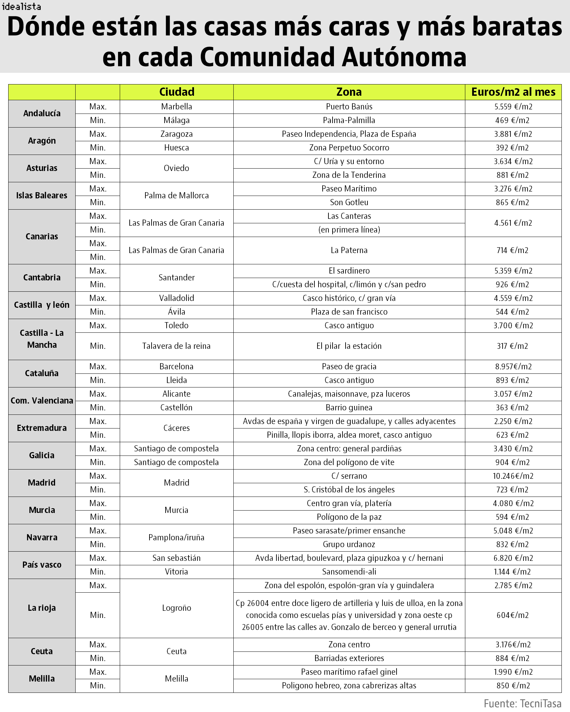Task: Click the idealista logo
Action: [21, 6]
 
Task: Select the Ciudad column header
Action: [177, 92]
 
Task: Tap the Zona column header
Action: [349, 92]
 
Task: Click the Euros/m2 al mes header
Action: [513, 92]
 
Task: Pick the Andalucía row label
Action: [42, 114]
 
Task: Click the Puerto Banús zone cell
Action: [349, 107]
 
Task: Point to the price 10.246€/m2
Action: [513, 476]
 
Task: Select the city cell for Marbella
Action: [177, 107]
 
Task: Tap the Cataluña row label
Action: [42, 373]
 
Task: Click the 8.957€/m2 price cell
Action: [513, 367]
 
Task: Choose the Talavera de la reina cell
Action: [177, 346]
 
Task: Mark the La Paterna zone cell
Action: [349, 250]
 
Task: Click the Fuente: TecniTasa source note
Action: [522, 703]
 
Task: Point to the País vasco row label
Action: [42, 565]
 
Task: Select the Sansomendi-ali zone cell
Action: [349, 572]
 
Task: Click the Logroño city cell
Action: [177, 608]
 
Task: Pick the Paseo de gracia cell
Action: [349, 367]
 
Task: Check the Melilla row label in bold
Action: [42, 679]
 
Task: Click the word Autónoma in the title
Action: [405, 57]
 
